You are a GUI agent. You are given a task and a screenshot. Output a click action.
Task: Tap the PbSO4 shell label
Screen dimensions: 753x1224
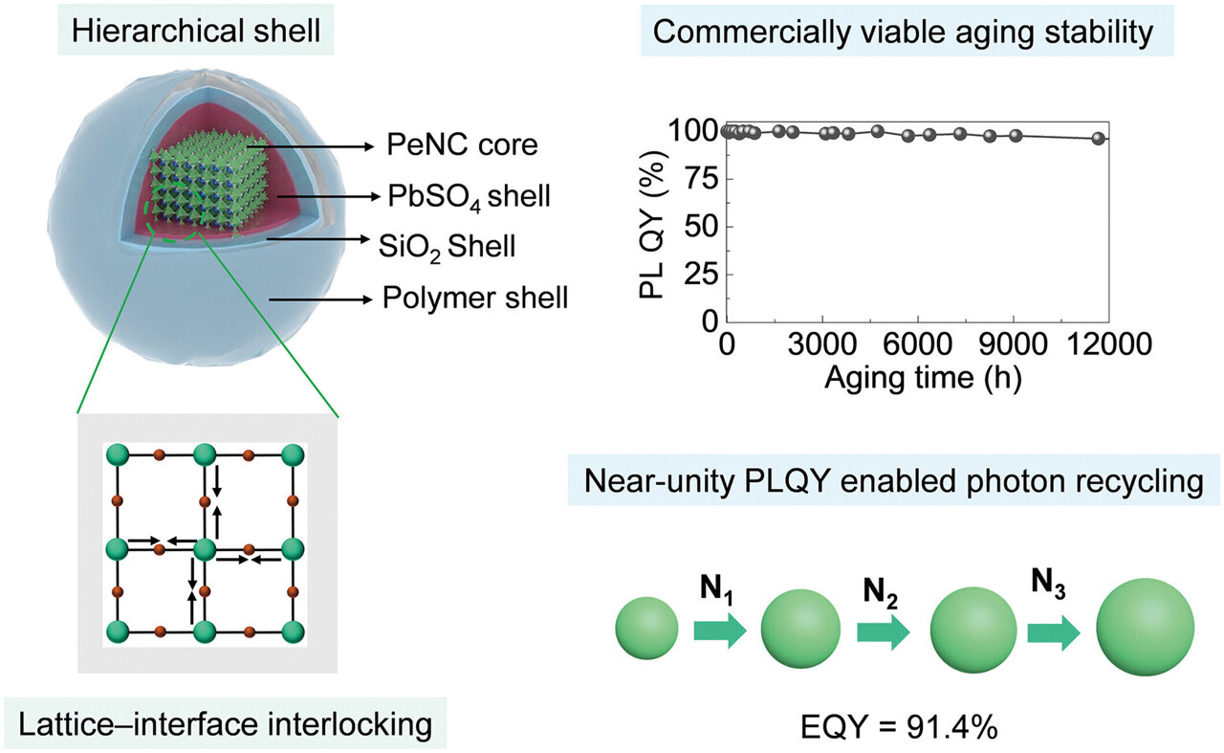point(469,197)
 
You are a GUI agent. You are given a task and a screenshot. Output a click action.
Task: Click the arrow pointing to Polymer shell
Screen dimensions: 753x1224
point(320,299)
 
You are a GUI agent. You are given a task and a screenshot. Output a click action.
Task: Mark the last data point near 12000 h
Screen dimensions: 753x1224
point(1098,138)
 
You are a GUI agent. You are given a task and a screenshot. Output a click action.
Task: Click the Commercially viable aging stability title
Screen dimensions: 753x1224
point(914,33)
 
